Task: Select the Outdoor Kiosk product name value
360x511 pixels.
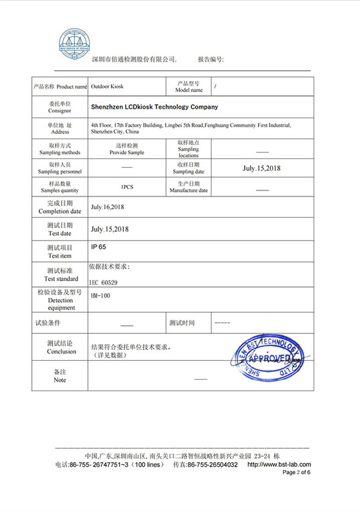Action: [107, 87]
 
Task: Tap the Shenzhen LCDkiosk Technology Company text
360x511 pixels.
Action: [154, 107]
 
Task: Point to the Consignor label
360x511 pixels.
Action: [60, 110]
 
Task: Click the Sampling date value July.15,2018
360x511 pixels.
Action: [261, 168]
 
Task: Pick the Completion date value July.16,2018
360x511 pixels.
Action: [107, 207]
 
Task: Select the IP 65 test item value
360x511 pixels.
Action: [99, 247]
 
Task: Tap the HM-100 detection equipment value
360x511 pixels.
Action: [100, 296]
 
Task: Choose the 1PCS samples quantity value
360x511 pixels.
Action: [126, 188]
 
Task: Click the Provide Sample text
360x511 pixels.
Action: [127, 152]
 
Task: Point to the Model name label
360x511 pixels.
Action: [188, 90]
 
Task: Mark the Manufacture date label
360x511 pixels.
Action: [188, 190]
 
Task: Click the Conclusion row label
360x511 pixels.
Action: [60, 351]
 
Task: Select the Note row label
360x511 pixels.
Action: [60, 380]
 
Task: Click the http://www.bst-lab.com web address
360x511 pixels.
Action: [278, 464]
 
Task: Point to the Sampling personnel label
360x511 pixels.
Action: [60, 171]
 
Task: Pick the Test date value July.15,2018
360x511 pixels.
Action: [110, 229]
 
